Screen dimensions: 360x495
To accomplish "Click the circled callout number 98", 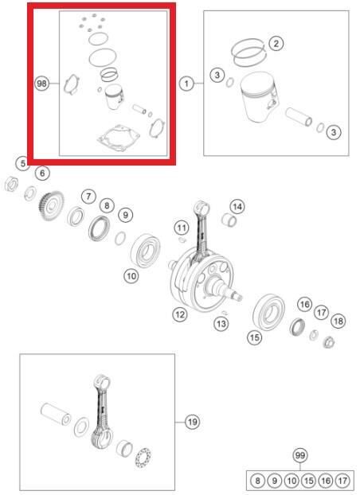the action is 41,84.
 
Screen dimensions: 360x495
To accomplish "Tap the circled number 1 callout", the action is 186,84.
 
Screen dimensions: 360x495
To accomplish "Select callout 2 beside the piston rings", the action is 276,44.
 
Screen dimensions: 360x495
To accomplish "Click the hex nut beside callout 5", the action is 12,184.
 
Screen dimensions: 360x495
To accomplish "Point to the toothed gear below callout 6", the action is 51,206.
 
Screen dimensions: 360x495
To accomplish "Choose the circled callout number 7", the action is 88,197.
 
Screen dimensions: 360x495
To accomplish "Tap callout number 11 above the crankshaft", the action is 182,228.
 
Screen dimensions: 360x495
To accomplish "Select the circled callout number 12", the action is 180,314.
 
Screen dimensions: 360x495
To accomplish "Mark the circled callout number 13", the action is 221,323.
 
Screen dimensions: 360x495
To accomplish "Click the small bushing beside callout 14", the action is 229,220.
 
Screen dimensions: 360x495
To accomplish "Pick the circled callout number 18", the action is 338,322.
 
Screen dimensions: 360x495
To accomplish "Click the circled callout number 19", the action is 193,422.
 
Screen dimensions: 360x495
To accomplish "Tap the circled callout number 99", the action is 300,455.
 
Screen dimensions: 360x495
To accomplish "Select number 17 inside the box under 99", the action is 342,481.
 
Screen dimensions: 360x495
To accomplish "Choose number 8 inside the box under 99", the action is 257,481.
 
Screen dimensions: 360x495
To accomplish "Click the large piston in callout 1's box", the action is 259,96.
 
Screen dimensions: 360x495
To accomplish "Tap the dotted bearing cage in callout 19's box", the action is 143,458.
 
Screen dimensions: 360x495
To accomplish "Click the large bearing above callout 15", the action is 269,312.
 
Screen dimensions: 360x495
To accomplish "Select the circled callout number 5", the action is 23,164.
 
